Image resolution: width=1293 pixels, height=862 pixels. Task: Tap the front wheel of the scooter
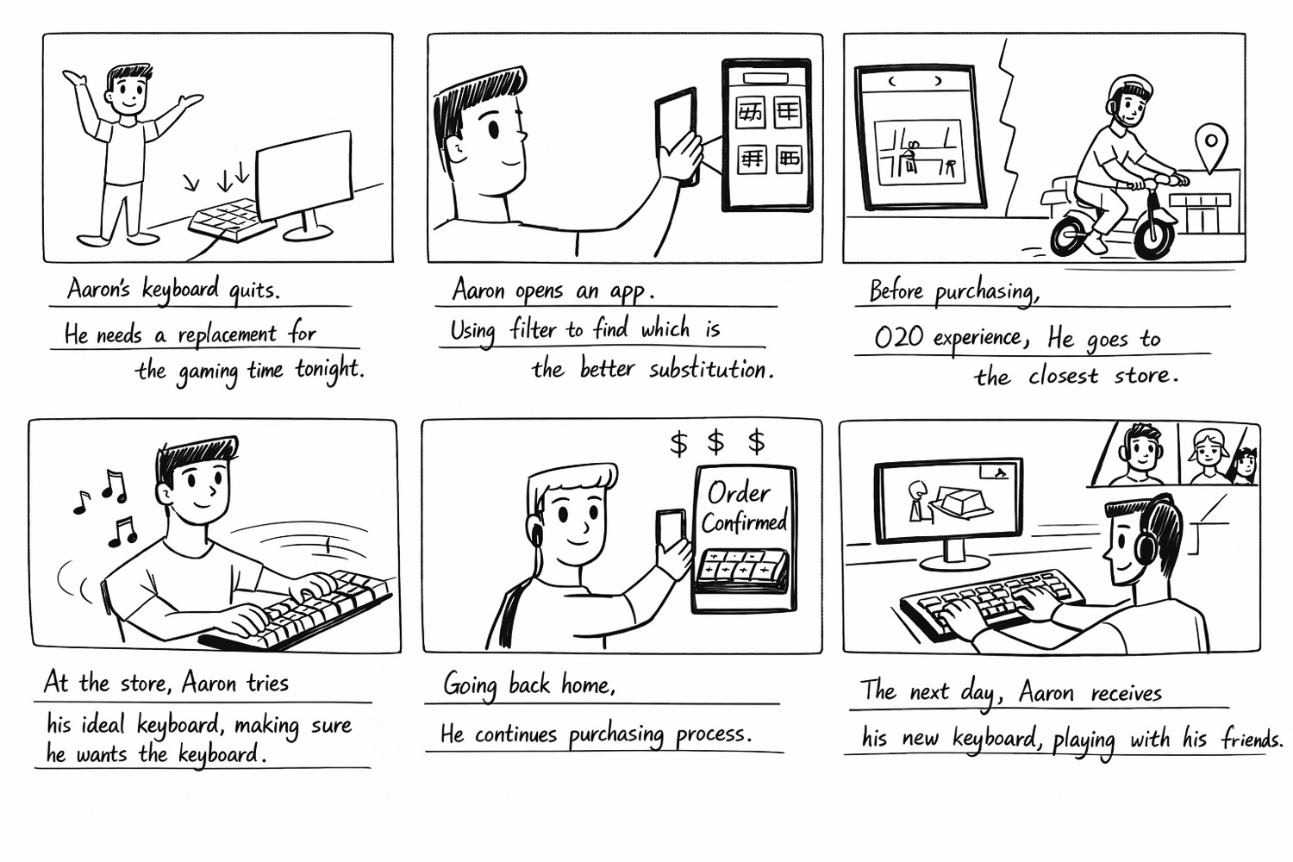[1152, 234]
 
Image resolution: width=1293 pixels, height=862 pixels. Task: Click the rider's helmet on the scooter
[1130, 92]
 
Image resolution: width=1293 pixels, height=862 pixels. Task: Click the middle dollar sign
[715, 441]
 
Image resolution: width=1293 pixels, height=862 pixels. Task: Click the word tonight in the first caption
[330, 370]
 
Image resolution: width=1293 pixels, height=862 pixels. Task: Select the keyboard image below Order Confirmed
[741, 572]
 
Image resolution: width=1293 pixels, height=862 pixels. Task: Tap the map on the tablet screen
[919, 153]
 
